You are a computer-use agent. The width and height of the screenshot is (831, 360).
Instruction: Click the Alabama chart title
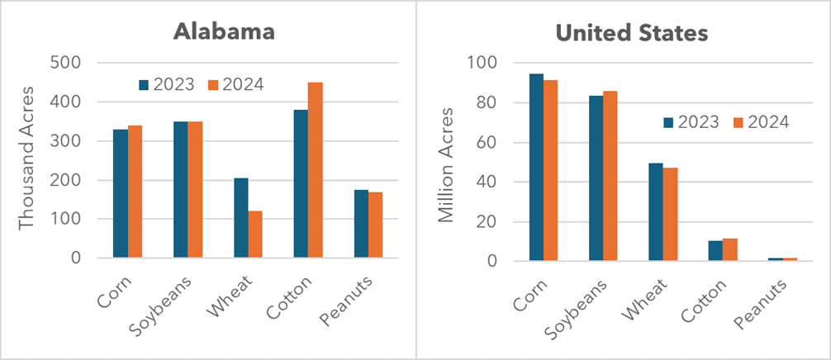223,32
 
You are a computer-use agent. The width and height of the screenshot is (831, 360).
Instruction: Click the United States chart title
632,33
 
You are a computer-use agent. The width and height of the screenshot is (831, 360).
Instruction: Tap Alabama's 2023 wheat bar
240,218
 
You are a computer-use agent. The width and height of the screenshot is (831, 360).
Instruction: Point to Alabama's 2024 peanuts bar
376,225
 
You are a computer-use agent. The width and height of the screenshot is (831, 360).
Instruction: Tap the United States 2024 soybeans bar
610,176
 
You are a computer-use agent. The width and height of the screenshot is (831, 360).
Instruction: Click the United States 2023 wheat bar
656,212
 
